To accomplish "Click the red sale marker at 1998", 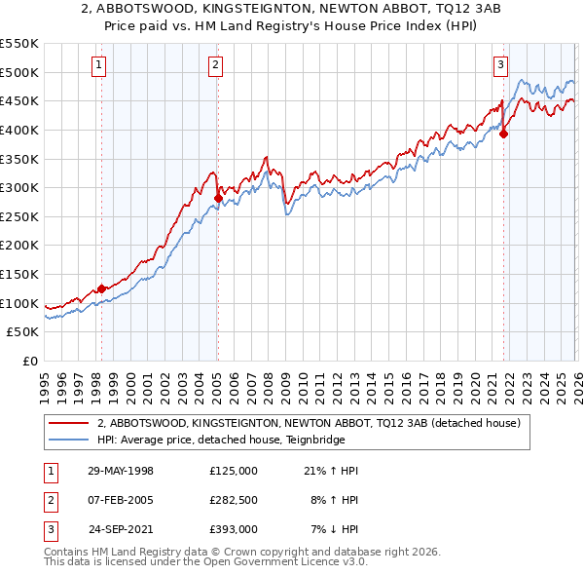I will coord(101,288).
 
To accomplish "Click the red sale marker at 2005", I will coord(217,198).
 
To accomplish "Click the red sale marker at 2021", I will coord(503,134).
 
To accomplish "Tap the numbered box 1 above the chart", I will coord(100,65).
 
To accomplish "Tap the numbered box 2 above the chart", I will coord(215,65).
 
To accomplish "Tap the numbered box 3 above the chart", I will coord(500,65).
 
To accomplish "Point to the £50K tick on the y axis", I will coord(23,331).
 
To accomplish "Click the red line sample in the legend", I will coord(69,423).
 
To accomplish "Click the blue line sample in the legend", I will coord(69,440).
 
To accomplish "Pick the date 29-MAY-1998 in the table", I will coord(121,471).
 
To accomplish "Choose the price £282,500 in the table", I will coord(234,500).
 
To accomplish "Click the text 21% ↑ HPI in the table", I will coord(332,471).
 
